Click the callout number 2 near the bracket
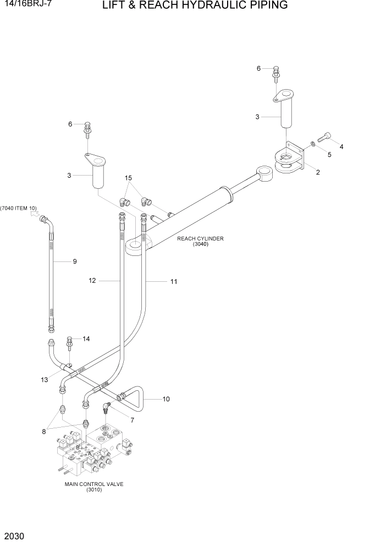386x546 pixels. [x=317, y=172]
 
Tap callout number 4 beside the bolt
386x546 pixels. [x=341, y=146]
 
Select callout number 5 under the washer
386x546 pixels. [x=329, y=155]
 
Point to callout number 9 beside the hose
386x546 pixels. [x=75, y=261]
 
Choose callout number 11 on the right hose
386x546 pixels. [x=174, y=282]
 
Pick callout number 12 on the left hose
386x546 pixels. [x=92, y=281]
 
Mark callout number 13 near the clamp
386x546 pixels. [x=44, y=380]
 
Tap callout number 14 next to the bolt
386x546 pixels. [x=86, y=339]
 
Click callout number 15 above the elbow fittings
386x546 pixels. [x=129, y=178]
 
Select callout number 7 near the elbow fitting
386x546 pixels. [x=131, y=420]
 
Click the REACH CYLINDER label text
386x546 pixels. [x=200, y=239]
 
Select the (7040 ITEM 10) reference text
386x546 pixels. [x=19, y=208]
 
